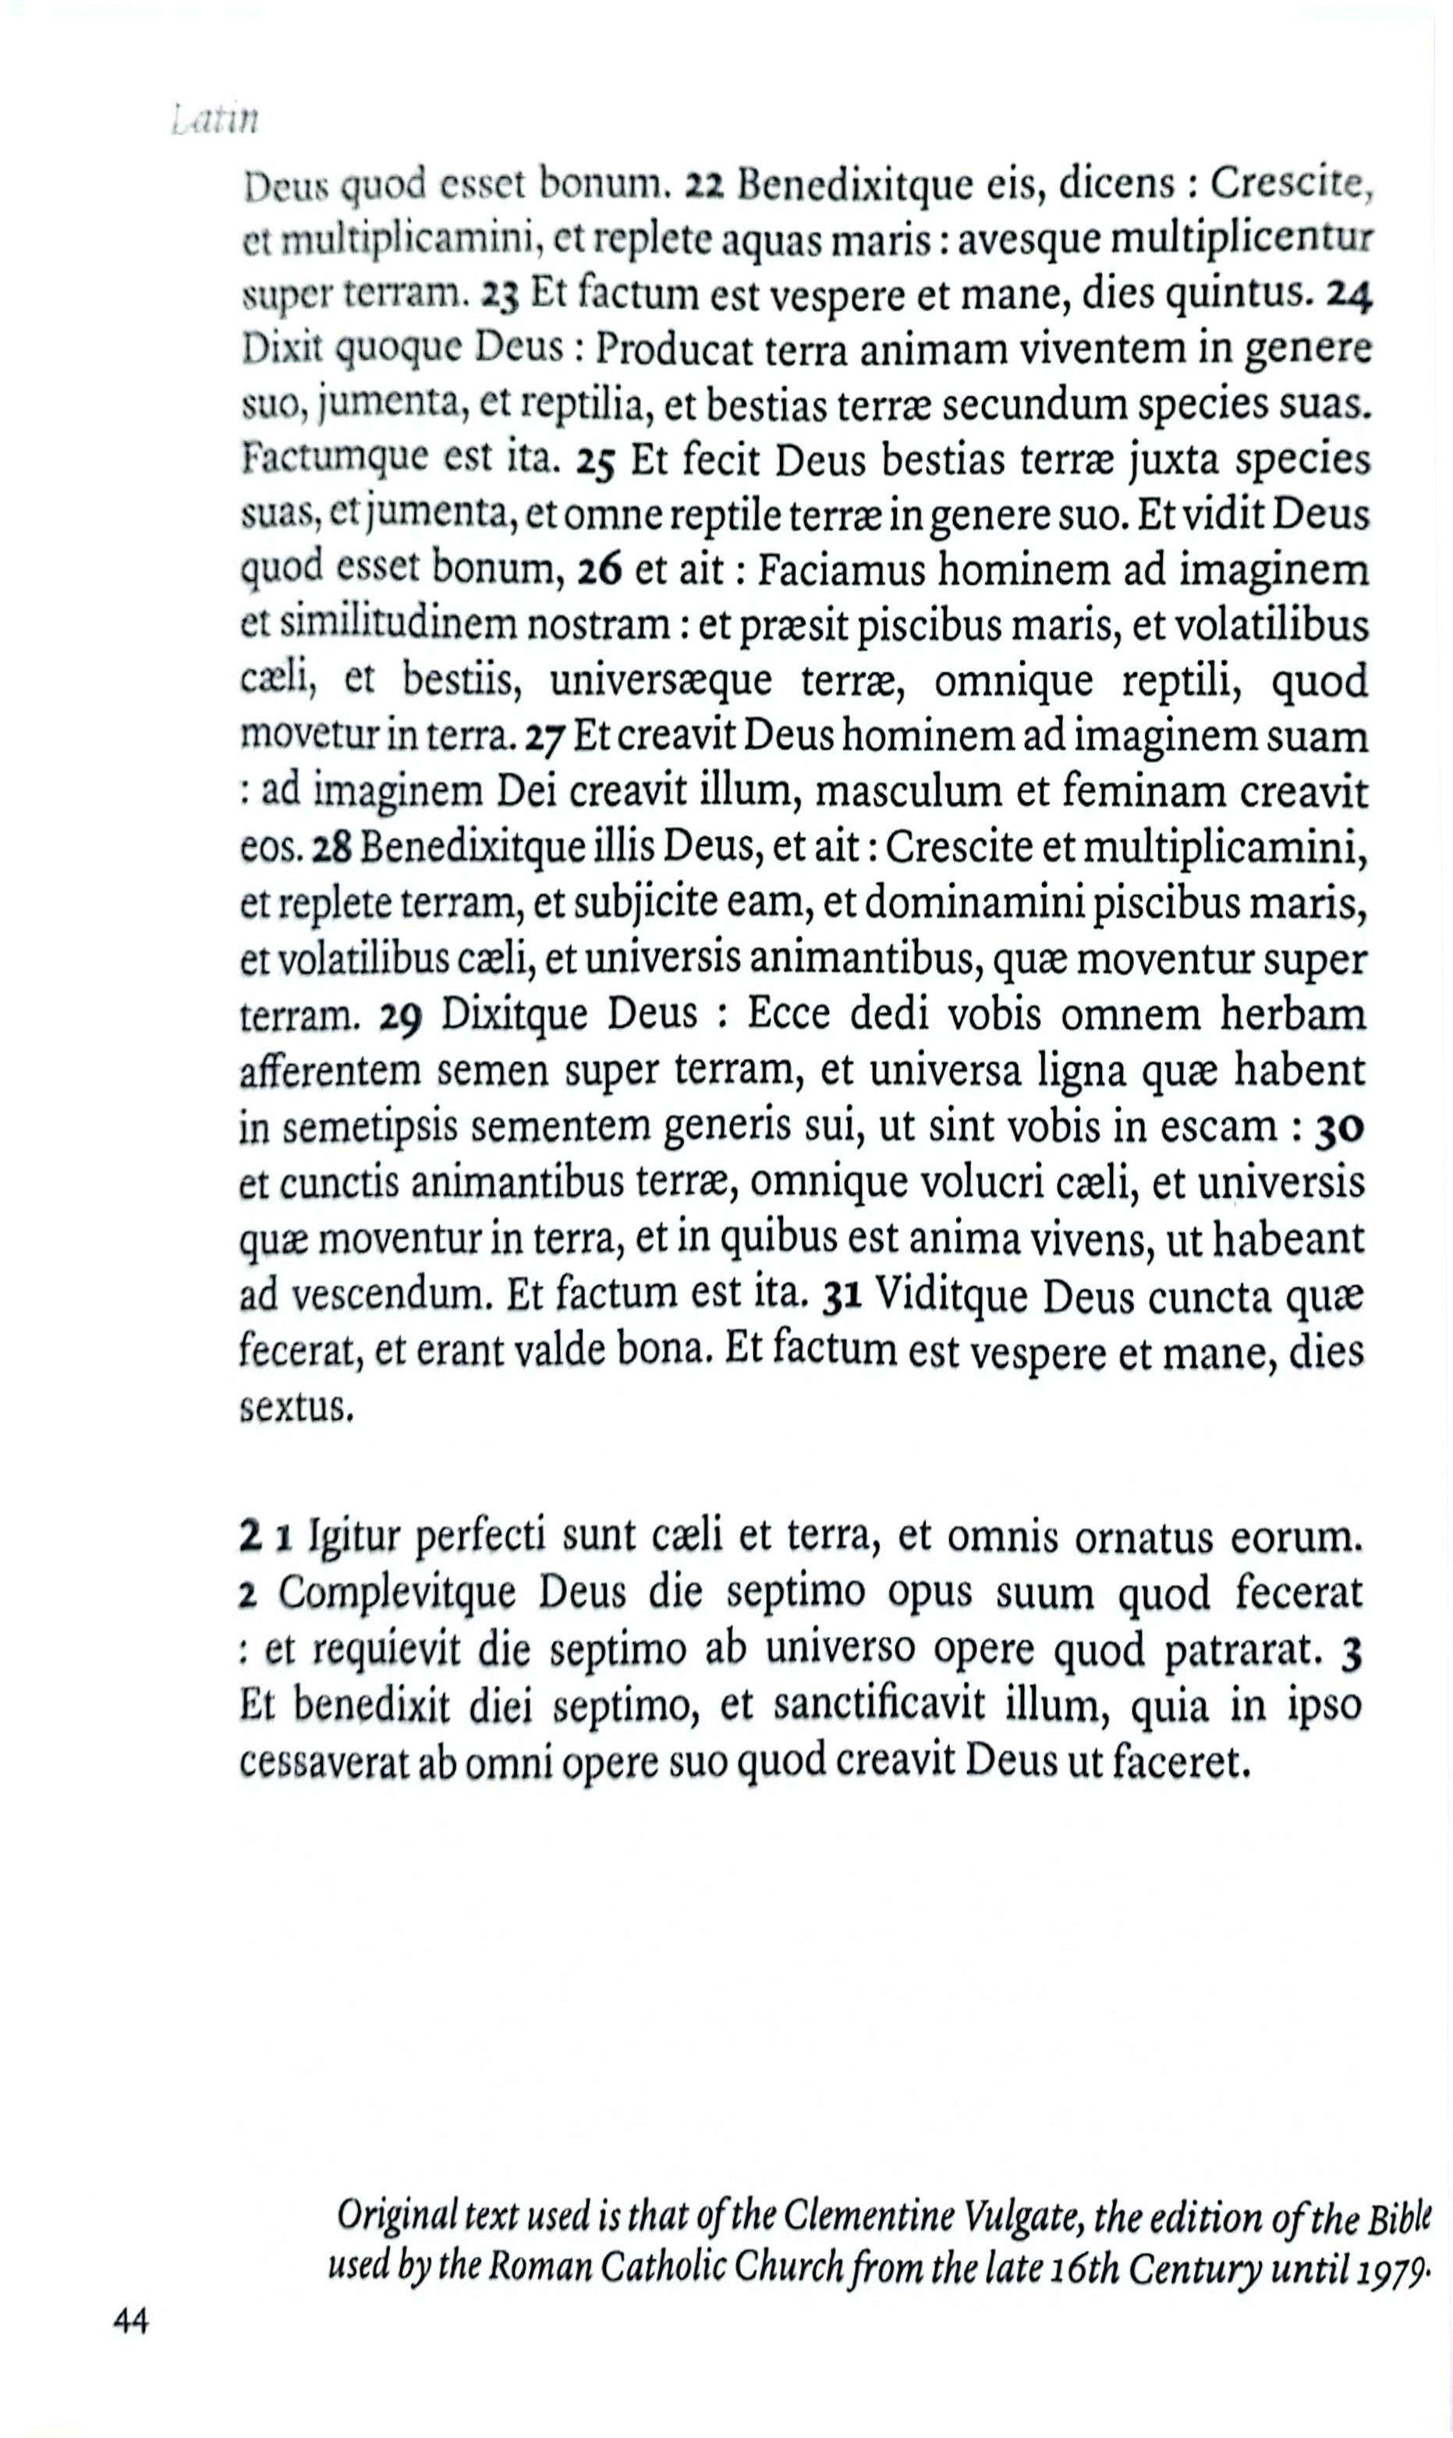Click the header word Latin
tap(214, 122)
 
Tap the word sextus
tap(294, 1410)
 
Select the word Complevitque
tap(398, 1594)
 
